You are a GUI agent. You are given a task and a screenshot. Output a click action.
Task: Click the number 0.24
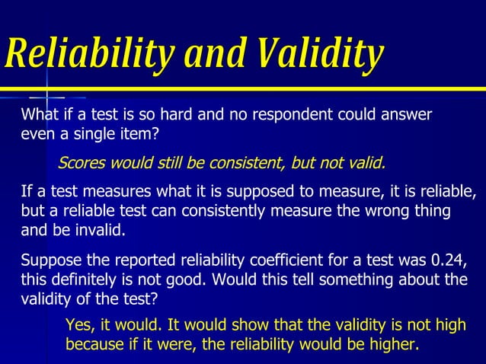pyautogui.click(x=446, y=260)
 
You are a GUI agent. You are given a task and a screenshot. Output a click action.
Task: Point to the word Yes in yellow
pyautogui.click(x=79, y=325)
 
